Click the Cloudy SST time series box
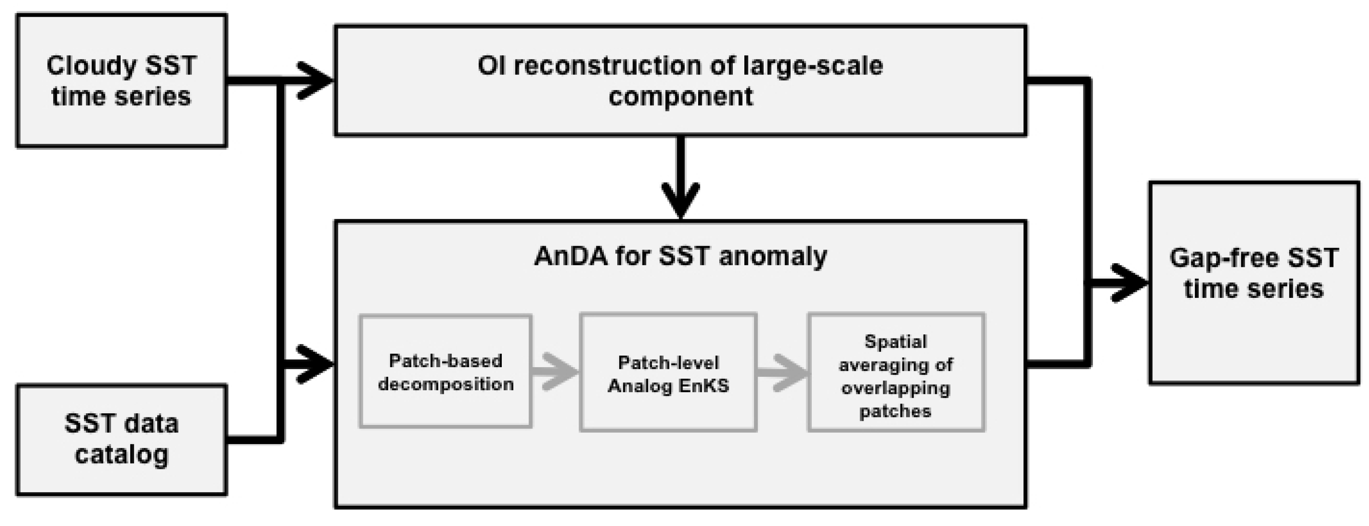tap(122, 81)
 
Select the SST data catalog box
tap(122, 440)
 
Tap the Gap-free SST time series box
tap(1253, 283)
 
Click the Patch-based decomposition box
tap(446, 372)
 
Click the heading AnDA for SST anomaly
tap(680, 256)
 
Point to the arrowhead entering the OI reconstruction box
tap(317, 81)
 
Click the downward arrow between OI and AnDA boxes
tap(681, 181)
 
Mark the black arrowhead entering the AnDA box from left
tap(317, 364)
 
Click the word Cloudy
tap(92, 66)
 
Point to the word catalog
tap(122, 455)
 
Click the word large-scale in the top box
tap(813, 66)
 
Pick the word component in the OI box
tap(680, 97)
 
